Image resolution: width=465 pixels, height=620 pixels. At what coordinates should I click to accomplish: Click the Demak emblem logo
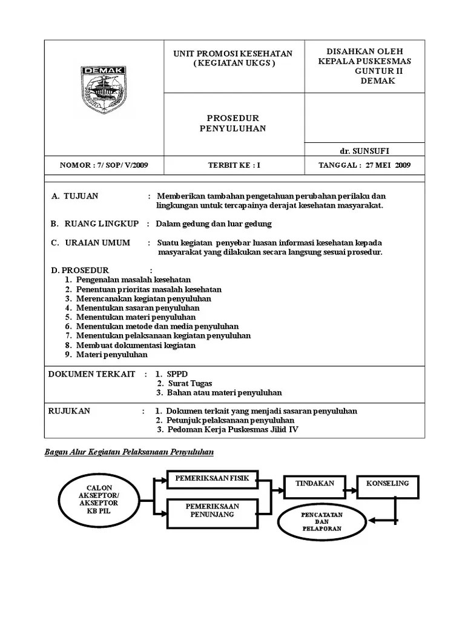[103, 90]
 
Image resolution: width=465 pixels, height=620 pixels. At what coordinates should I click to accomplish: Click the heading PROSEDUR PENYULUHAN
[233, 124]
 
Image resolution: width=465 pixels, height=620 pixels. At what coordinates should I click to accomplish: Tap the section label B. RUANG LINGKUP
[95, 223]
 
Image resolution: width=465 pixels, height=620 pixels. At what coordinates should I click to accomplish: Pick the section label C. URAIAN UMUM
[91, 243]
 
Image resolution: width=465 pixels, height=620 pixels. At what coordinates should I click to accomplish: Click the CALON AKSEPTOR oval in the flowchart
[99, 499]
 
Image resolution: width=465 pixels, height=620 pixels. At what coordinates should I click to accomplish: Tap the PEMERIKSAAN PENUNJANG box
[212, 510]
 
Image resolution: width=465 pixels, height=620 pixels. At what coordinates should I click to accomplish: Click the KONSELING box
[387, 484]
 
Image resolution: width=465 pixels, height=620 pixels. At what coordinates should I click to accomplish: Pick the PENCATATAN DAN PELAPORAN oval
[322, 521]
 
